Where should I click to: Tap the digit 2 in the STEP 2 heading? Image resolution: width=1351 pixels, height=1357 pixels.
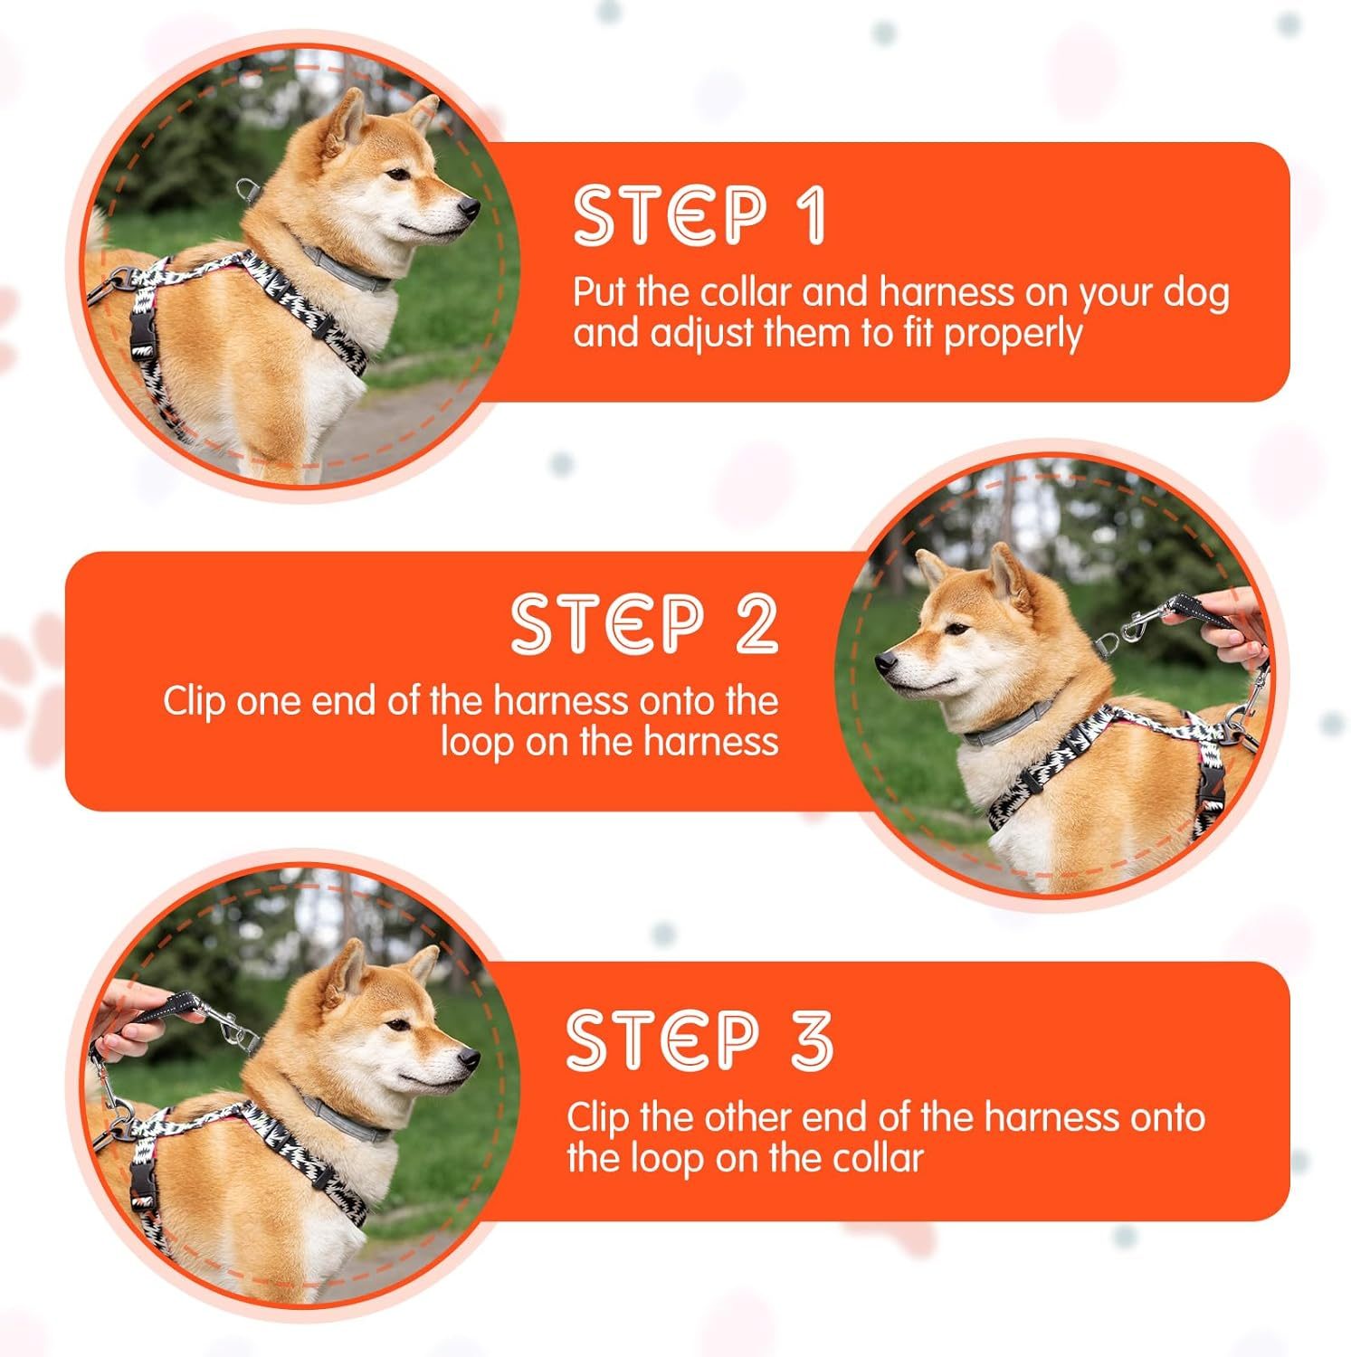pos(756,624)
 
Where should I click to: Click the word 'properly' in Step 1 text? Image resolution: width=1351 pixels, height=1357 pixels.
pos(1013,335)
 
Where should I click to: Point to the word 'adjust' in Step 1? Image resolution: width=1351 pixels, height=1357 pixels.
pos(701,333)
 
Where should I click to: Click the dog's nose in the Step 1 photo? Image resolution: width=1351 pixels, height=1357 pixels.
pos(469,209)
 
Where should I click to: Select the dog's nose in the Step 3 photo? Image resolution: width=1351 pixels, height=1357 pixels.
pos(469,1058)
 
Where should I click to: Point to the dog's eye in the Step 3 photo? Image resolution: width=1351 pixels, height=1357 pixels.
pos(395,1025)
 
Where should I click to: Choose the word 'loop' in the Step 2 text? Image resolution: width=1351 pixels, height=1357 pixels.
pos(476,742)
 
